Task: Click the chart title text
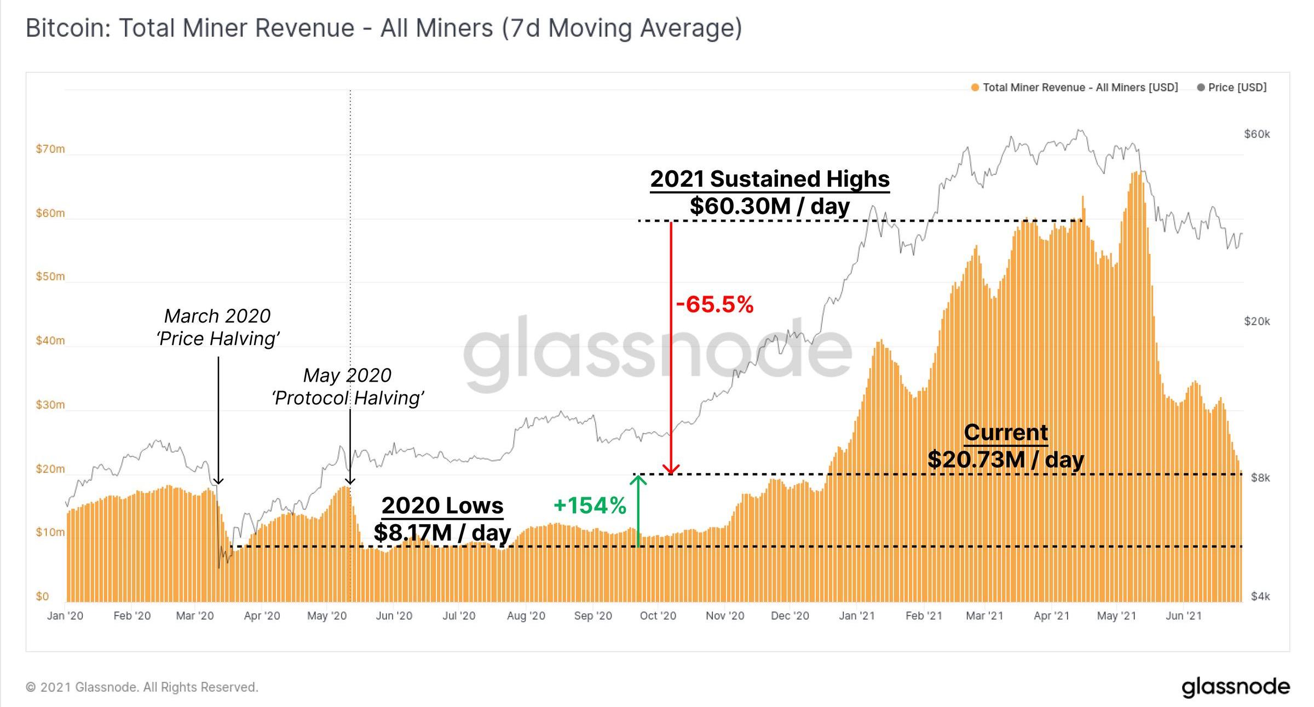click(x=383, y=28)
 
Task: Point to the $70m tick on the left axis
click(x=50, y=149)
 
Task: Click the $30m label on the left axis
click(x=50, y=405)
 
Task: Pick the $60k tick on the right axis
click(x=1257, y=134)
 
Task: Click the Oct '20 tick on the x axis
click(x=658, y=616)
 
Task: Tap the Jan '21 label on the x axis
click(x=856, y=616)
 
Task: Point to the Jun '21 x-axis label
click(x=1183, y=616)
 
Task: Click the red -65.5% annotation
click(x=714, y=304)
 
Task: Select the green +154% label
click(x=590, y=505)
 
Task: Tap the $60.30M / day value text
click(x=769, y=206)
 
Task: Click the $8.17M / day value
click(x=442, y=532)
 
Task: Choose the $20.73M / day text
click(x=1006, y=459)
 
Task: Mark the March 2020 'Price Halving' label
click(x=218, y=327)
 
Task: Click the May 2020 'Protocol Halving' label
click(x=348, y=387)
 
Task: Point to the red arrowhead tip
click(x=671, y=473)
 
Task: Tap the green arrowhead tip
click(x=638, y=476)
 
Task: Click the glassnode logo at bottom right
click(x=1236, y=687)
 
